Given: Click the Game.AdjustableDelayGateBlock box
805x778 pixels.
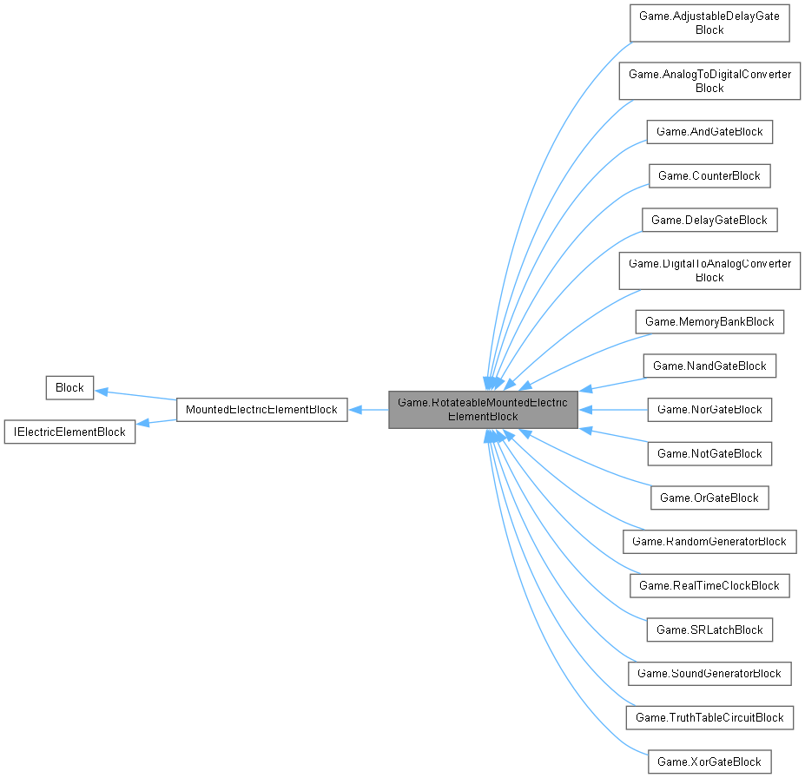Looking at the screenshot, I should click(x=709, y=23).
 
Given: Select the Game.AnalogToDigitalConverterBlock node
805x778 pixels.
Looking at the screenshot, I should click(x=709, y=81).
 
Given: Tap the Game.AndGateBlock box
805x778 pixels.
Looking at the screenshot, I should click(x=709, y=132).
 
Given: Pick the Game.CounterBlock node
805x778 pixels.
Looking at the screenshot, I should click(x=709, y=176).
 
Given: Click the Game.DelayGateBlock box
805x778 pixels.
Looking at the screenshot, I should click(x=709, y=220).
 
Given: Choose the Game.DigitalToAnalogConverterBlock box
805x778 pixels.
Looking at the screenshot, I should click(x=709, y=270).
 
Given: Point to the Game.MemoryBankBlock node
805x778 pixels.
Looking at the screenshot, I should click(x=709, y=321).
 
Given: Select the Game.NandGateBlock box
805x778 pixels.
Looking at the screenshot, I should click(x=709, y=366).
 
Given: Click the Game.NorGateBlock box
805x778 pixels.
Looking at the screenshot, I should click(x=709, y=409).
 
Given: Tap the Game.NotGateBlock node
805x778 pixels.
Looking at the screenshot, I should click(x=709, y=453).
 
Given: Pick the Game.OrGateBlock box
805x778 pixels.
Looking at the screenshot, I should click(x=709, y=498).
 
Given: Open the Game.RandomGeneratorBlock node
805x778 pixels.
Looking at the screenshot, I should click(x=709, y=541).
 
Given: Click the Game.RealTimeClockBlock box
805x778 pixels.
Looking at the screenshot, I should click(x=709, y=585).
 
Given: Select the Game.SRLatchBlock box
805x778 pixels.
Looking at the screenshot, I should click(x=709, y=630).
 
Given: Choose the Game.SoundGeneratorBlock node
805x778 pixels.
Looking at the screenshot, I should click(x=709, y=673).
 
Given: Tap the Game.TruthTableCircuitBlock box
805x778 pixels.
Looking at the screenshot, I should click(x=709, y=717).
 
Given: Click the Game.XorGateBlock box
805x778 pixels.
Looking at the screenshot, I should click(x=709, y=762).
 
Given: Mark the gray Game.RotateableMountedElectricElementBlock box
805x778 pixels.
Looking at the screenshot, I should click(x=483, y=409).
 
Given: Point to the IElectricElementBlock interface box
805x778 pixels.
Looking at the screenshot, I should click(x=69, y=432).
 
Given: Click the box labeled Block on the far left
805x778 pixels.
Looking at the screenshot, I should click(x=69, y=387).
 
